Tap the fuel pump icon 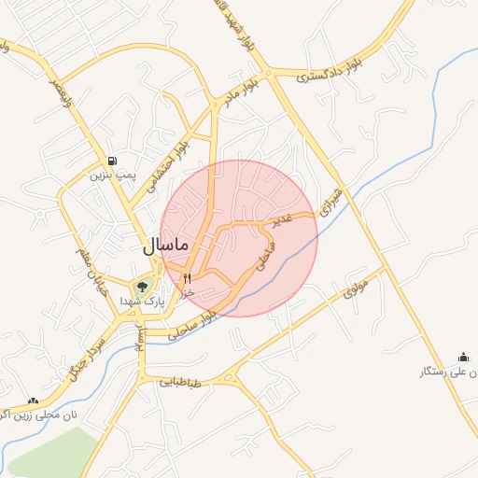[x=112, y=160]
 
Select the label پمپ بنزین [x=113, y=175]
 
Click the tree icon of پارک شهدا [x=142, y=287]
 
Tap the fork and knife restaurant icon [x=188, y=277]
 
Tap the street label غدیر [x=281, y=219]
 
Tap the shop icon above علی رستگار [x=464, y=358]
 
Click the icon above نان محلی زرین [x=34, y=400]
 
